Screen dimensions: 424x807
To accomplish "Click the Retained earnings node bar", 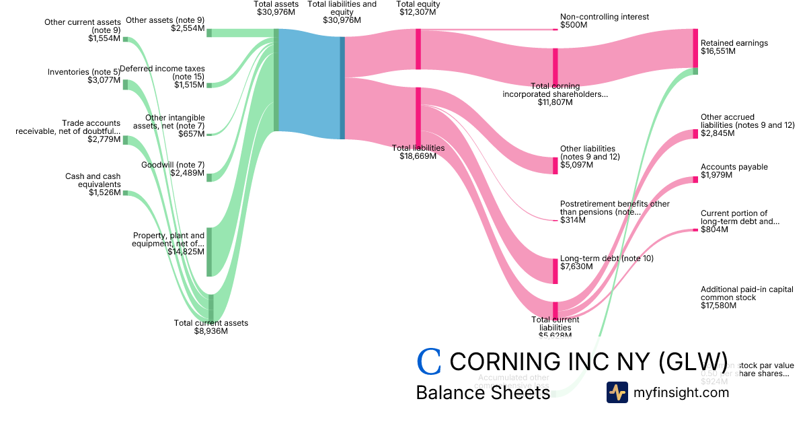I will point(695,48).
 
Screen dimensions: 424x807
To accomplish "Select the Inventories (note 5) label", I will point(83,72).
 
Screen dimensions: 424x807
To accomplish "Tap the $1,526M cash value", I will point(104,192).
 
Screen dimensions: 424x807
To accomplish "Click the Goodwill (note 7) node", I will point(209,177).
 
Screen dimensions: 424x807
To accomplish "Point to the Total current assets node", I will point(210,308).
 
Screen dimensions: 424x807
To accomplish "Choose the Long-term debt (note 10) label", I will point(607,258).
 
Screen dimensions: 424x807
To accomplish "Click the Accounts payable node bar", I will point(695,179).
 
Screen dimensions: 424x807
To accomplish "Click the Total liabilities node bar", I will point(418,115).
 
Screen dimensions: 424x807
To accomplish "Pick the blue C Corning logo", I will point(429,362).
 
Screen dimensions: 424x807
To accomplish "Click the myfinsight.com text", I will point(681,392).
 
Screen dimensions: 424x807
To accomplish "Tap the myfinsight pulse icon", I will point(617,392).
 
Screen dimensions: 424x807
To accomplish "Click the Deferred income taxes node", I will point(209,85).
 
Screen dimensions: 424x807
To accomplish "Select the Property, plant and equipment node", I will point(209,252).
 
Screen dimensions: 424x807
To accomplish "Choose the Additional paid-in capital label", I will point(746,293).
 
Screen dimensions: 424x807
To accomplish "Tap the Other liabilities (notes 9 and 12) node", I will point(555,165).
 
